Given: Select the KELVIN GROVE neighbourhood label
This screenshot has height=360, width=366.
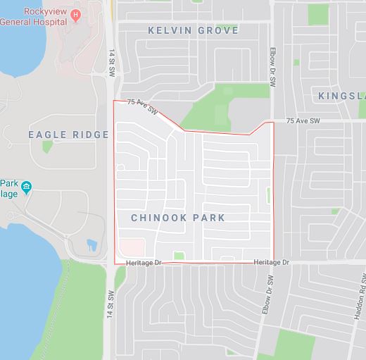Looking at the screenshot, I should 192,30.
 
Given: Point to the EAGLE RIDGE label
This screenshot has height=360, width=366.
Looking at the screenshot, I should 68,134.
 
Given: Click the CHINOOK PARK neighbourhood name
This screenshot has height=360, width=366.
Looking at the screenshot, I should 178,218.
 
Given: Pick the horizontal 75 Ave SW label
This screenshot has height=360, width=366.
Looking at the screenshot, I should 303,122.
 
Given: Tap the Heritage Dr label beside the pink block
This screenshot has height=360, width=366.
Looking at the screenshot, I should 144,263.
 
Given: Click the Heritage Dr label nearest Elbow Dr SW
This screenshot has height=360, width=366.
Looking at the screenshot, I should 271,263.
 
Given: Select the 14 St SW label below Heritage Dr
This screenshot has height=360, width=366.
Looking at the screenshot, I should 111,302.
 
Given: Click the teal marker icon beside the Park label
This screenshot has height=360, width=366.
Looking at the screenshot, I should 27,187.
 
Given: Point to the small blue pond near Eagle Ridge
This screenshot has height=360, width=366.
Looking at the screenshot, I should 91,246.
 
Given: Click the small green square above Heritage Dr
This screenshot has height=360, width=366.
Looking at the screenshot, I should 179,255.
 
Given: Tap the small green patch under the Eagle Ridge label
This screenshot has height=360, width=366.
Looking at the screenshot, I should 47,147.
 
